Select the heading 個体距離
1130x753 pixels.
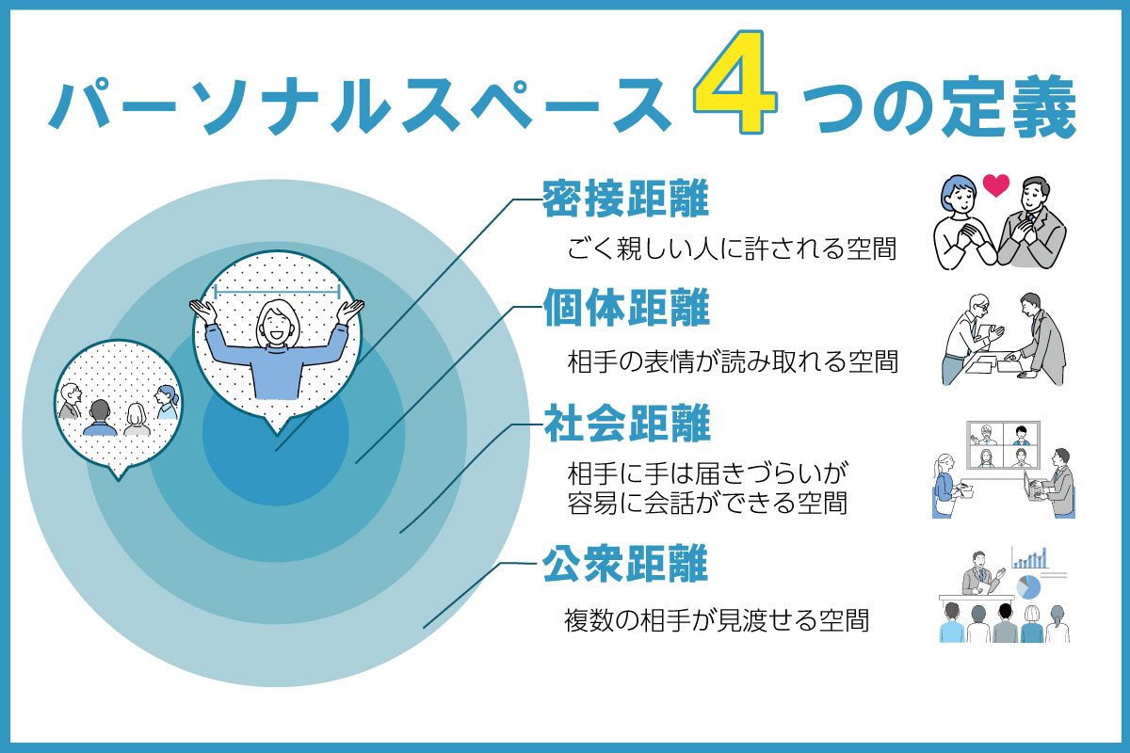[625, 308]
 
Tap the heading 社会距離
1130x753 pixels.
[625, 425]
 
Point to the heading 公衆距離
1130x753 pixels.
[625, 567]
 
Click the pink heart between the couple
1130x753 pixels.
[995, 184]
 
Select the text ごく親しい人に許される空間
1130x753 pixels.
[731, 249]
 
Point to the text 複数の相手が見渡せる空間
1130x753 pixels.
[716, 620]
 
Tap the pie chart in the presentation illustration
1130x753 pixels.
[1028, 586]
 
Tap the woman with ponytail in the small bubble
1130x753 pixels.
[166, 402]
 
